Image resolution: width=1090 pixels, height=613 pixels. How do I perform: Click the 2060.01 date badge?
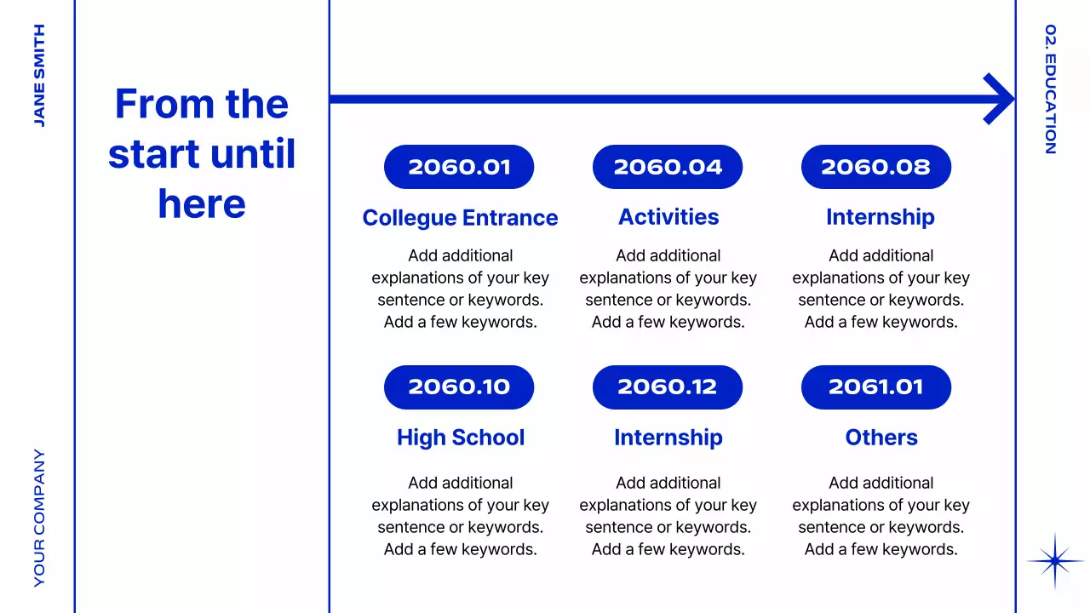tap(459, 167)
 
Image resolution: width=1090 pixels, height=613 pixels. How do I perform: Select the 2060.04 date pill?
tap(668, 167)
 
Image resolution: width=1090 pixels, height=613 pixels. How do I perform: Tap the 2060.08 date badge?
tap(876, 167)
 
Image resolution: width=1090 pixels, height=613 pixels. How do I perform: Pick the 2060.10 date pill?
tap(459, 387)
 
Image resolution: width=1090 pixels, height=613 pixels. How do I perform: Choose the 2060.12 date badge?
tap(668, 387)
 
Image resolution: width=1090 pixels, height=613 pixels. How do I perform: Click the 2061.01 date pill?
tap(876, 387)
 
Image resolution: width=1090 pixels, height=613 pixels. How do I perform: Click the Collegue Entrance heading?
tap(460, 218)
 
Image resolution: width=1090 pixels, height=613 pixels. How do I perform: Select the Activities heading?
tap(668, 217)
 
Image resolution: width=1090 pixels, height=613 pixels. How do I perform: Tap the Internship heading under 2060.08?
tap(881, 217)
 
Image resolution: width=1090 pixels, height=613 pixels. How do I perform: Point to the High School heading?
tap(461, 438)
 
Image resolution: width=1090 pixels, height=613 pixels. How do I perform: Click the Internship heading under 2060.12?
tap(668, 438)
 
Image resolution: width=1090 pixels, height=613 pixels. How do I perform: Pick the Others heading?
tap(881, 438)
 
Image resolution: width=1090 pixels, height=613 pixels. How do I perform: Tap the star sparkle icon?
tap(1055, 561)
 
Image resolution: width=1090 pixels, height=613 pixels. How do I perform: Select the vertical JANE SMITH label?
tap(39, 76)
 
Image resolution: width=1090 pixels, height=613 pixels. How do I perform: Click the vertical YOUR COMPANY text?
tap(39, 518)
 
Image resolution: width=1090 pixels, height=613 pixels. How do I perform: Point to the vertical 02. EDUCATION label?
tap(1051, 89)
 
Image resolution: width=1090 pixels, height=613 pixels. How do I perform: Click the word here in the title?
tap(202, 204)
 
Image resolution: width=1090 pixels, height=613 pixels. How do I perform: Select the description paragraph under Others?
tap(881, 516)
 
